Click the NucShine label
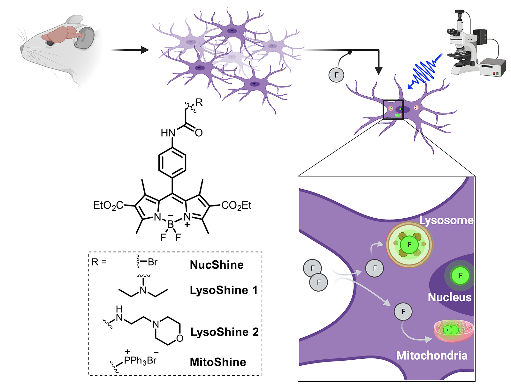[217, 265]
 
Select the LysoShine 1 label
[224, 290]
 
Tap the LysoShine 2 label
[225, 332]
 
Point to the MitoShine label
[218, 362]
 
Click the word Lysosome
[446, 220]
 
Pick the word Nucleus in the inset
[450, 297]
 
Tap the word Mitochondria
[432, 355]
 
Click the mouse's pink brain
[62, 35]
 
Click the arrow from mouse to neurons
[130, 50]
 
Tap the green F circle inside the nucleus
[460, 275]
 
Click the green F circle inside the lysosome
[409, 244]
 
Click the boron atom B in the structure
[171, 224]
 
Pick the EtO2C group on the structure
[108, 206]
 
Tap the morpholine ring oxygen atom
[179, 338]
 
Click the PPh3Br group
[140, 360]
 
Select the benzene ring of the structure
[172, 162]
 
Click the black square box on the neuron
[393, 110]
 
